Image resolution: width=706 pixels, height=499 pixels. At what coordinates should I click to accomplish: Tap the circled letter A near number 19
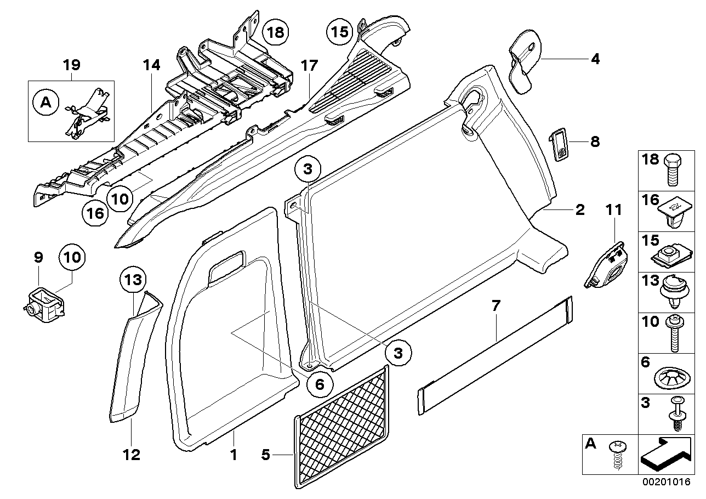(x=46, y=102)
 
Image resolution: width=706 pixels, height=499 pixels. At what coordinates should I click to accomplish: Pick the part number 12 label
(x=132, y=454)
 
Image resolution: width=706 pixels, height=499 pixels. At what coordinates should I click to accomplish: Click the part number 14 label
(x=151, y=65)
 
